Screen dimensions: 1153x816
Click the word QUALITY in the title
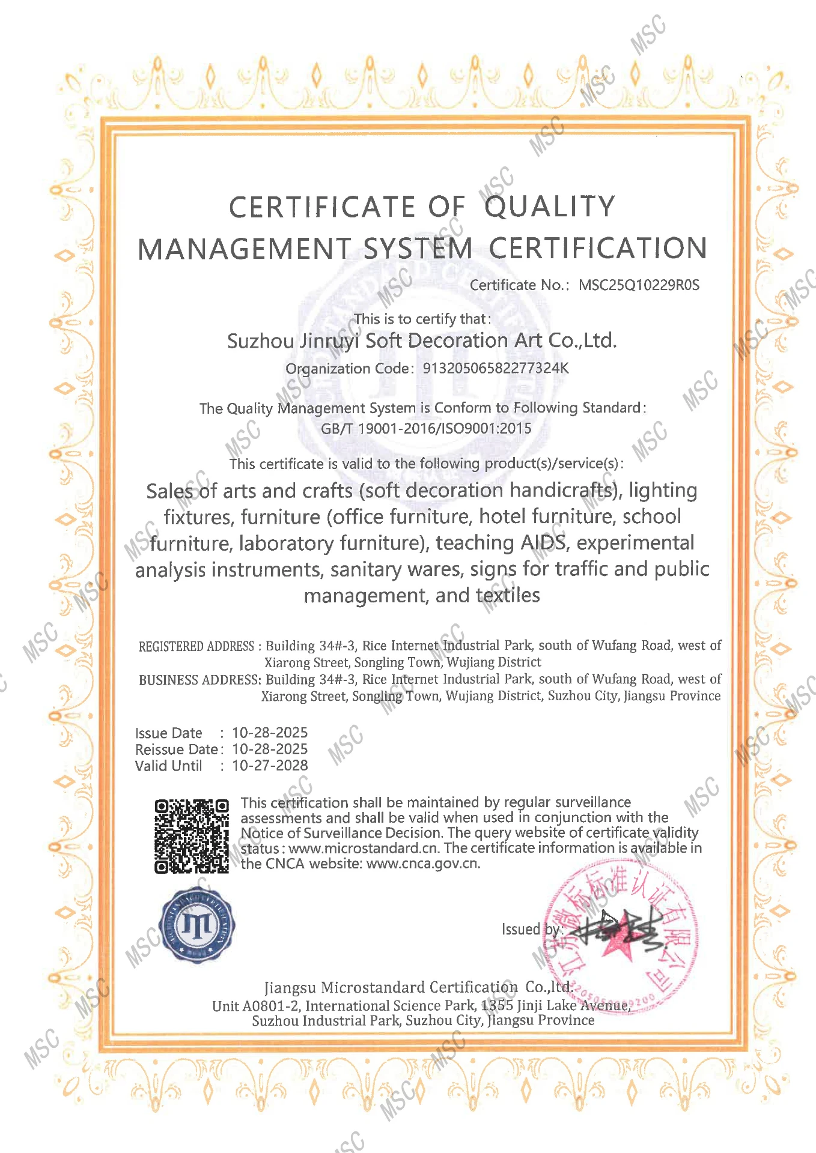[550, 207]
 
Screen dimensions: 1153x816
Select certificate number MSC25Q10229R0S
[639, 285]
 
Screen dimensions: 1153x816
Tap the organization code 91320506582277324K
[495, 368]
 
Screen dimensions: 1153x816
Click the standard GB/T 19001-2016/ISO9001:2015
[426, 428]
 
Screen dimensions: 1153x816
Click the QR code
[192, 836]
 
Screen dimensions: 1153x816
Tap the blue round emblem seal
[197, 925]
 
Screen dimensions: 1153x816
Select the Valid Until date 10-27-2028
[270, 766]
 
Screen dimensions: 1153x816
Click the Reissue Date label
[176, 749]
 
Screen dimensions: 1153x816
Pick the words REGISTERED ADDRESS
[196, 646]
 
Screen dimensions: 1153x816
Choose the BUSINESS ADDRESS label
[199, 680]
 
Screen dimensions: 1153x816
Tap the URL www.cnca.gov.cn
[423, 864]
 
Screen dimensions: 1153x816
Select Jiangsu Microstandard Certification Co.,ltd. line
[419, 988]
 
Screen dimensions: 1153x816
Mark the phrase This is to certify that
[422, 319]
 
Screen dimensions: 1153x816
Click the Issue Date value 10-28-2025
[270, 733]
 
